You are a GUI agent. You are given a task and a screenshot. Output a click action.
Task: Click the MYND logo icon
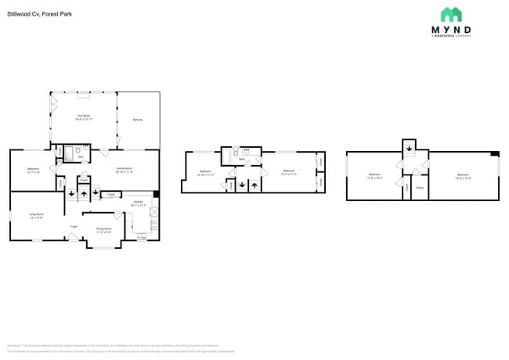(450, 14)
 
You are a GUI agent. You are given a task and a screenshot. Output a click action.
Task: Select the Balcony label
(138, 120)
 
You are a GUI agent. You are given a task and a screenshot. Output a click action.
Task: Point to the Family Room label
(125, 170)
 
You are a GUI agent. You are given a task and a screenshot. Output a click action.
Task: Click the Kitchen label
(138, 203)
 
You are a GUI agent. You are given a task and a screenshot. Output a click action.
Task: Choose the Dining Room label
(103, 231)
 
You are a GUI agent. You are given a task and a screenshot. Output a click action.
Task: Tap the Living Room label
(36, 216)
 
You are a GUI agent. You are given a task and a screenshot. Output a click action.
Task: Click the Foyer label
(74, 226)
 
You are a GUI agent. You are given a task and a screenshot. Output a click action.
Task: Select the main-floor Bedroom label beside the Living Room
(33, 170)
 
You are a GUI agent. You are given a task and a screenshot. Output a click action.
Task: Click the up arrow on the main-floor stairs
(84, 193)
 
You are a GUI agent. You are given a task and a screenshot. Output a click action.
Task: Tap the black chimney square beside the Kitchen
(156, 194)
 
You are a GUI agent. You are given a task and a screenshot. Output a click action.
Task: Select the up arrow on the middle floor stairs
(254, 185)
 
